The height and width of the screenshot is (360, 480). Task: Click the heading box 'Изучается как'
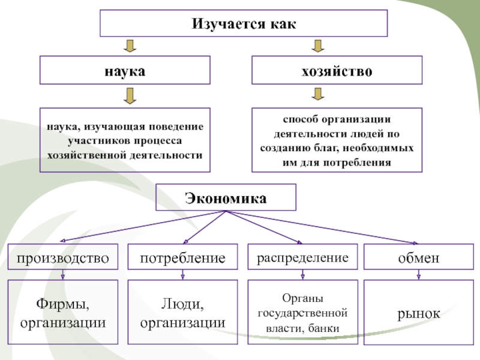tap(244, 23)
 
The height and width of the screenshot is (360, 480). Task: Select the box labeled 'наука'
tap(125, 70)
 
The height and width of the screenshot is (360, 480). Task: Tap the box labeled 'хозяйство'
tap(337, 70)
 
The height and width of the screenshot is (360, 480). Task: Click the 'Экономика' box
tap(226, 197)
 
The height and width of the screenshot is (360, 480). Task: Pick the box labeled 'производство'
tap(63, 257)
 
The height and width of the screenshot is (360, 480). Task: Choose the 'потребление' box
tap(183, 257)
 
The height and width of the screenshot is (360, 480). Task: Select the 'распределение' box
tap(303, 257)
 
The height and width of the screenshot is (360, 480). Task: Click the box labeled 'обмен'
tap(419, 257)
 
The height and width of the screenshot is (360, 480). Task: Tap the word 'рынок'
tap(419, 313)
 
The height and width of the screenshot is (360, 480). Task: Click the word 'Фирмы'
tap(63, 304)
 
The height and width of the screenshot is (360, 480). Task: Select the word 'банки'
tap(323, 328)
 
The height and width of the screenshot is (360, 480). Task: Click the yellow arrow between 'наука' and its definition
tap(130, 96)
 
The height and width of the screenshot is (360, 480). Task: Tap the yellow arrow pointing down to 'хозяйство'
tap(318, 46)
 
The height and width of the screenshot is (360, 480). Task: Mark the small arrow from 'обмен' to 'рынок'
tap(419, 275)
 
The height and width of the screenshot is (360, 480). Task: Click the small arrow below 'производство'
tap(63, 275)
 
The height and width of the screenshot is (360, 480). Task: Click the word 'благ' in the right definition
tap(326, 148)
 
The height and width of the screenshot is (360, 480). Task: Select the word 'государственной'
tap(303, 313)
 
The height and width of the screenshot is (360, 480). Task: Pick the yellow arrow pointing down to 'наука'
tap(130, 46)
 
